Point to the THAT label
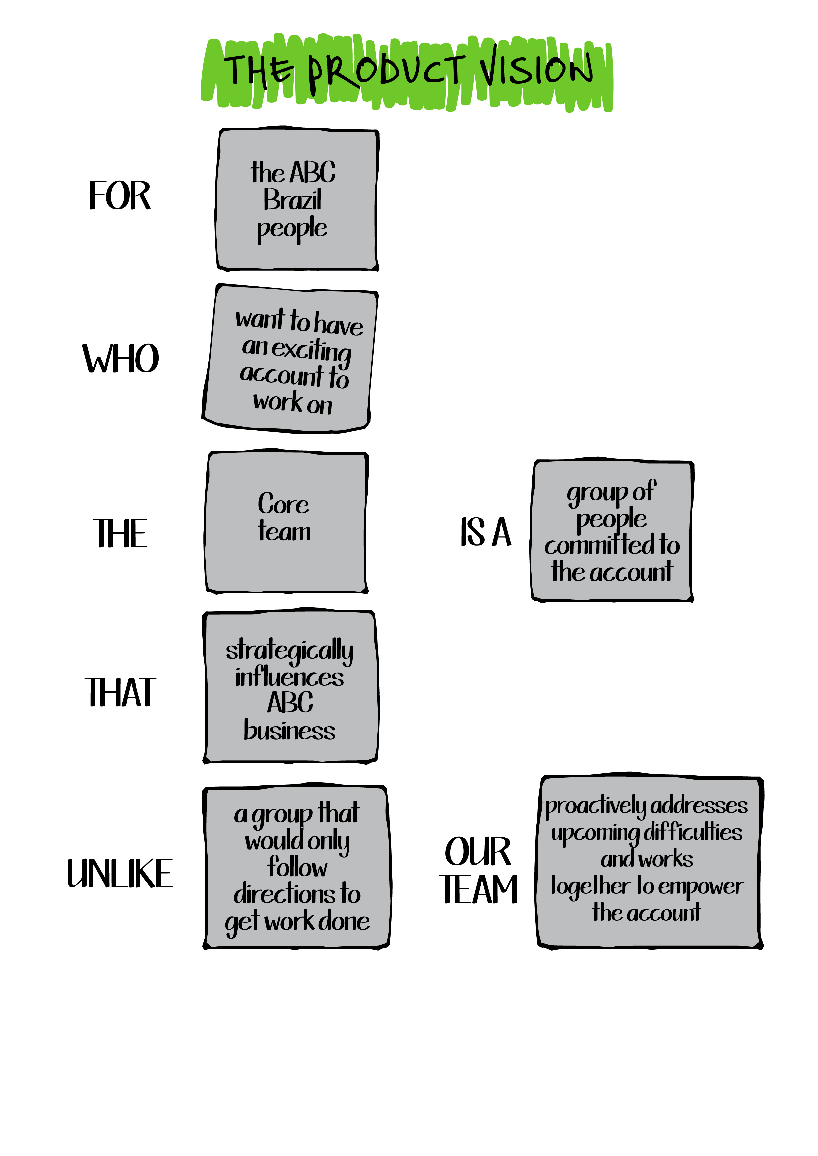(120, 692)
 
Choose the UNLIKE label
(120, 874)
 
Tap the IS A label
(486, 532)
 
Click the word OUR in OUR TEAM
(477, 852)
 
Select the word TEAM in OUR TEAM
(479, 890)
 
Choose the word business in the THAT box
(289, 731)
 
